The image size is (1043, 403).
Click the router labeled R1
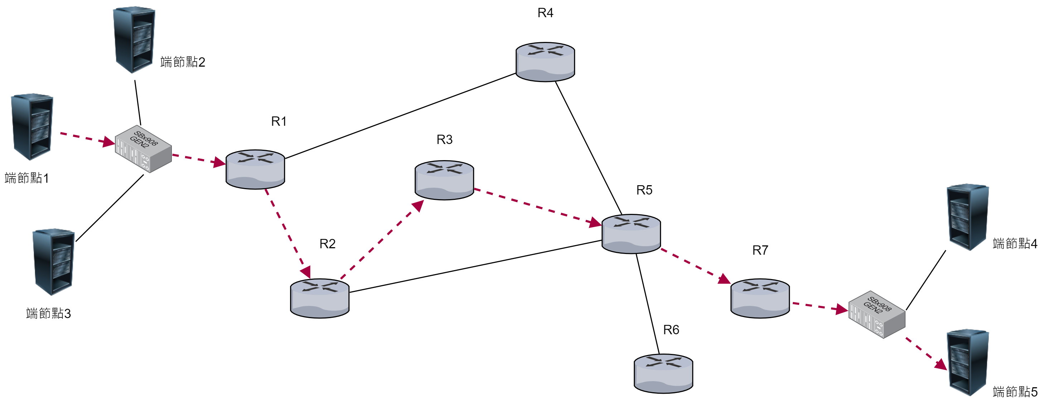[255, 169]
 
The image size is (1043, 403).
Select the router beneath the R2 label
[319, 298]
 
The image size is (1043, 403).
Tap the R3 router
[444, 180]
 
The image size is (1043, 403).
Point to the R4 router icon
[545, 62]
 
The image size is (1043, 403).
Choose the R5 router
[631, 234]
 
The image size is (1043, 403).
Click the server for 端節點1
[32, 127]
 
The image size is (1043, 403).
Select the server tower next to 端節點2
[134, 40]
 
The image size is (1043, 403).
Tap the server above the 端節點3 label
[53, 262]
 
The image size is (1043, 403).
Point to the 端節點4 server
[967, 217]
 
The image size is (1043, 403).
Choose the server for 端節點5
[967, 362]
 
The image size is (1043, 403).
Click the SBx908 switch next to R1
[143, 149]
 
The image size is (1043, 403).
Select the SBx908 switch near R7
[877, 314]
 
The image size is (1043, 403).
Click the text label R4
[545, 13]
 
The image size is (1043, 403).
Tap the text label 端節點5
[1015, 392]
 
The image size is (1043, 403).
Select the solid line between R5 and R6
[647, 304]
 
